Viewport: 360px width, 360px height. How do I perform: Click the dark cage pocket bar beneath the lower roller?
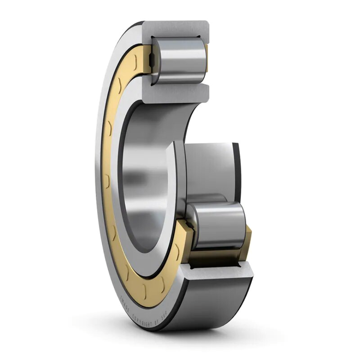tap(213, 257)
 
